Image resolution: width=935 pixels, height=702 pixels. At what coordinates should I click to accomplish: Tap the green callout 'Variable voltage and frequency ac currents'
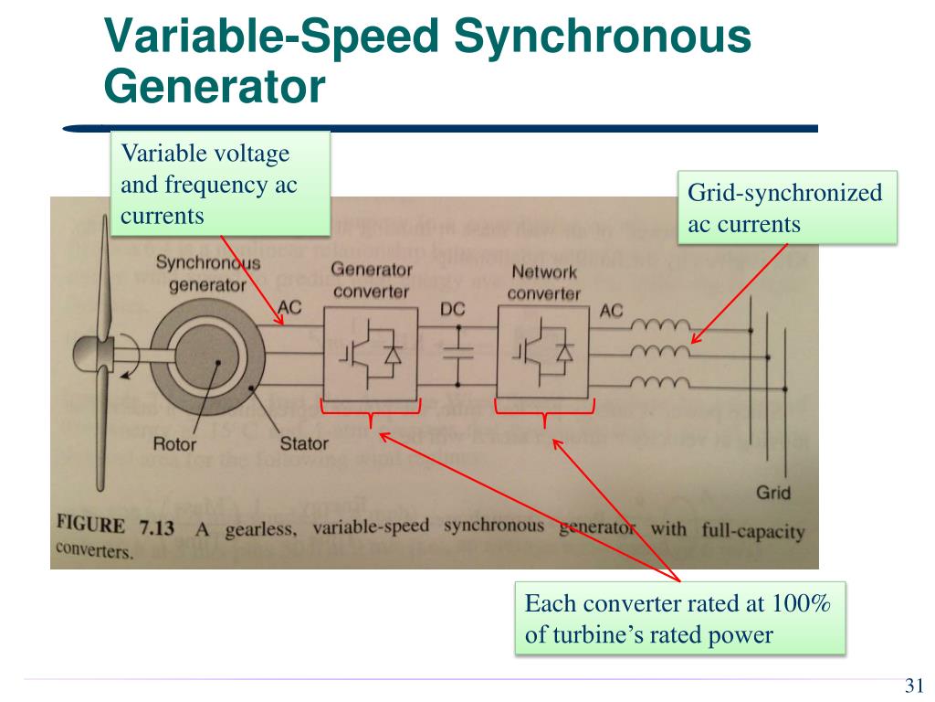219,183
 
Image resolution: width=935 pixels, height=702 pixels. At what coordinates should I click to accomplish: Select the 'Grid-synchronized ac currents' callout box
786,207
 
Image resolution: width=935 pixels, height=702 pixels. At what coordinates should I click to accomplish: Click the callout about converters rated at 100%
679,619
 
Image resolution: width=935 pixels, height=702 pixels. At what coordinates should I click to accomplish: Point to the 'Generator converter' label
372,280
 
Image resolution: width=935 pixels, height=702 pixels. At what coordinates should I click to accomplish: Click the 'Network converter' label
544,282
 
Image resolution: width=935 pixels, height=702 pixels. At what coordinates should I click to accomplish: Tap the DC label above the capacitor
454,309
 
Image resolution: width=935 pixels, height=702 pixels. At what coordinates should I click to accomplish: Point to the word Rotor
174,445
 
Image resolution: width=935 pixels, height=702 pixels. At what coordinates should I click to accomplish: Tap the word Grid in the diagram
772,494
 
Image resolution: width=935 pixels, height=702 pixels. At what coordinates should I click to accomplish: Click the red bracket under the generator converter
370,414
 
